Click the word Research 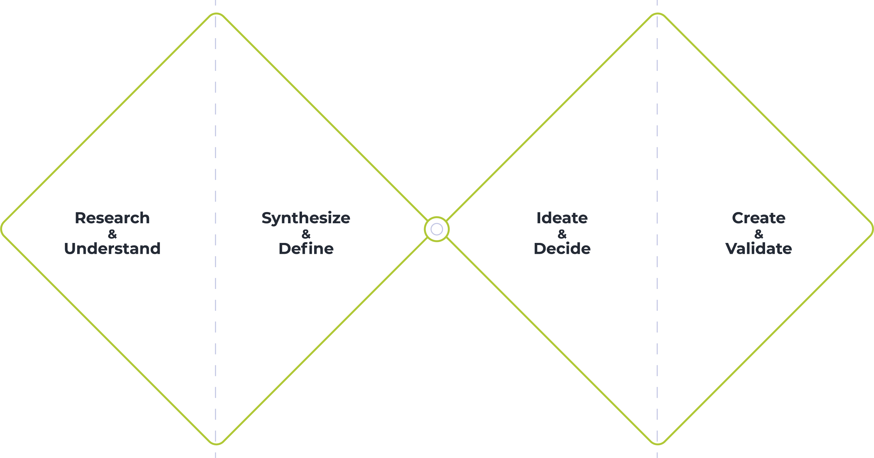(112, 218)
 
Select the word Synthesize (306, 218)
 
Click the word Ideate (562, 218)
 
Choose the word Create (759, 218)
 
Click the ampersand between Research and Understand (112, 234)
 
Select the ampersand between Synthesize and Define (306, 234)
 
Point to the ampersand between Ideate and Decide (562, 234)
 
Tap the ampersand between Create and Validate (759, 234)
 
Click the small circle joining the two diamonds (437, 229)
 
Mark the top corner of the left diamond (216, 14)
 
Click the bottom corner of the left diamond (216, 443)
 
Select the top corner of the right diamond (658, 14)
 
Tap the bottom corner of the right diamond (658, 443)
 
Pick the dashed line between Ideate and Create (657, 136)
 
